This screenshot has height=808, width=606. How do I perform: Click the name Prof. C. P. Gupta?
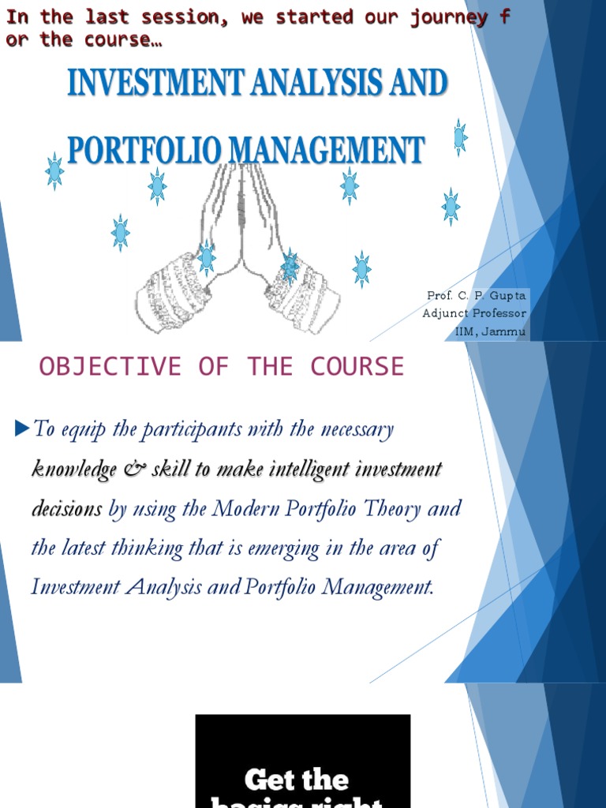(476, 295)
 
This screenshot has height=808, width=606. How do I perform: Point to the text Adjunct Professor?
(473, 313)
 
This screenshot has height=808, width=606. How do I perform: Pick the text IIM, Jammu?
(490, 331)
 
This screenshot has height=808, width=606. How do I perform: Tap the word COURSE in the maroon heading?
(357, 367)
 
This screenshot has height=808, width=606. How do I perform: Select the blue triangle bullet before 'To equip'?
(21, 428)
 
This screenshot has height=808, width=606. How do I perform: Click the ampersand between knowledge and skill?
(130, 469)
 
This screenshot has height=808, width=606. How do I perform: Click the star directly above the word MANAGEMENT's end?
(458, 137)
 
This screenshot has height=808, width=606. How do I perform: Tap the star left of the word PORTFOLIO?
(54, 171)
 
